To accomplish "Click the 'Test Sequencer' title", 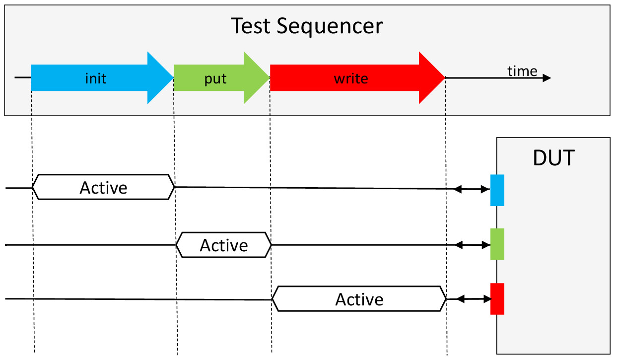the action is pos(307,26).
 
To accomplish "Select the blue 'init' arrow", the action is pos(102,77).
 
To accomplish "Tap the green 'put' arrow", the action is pos(222,77).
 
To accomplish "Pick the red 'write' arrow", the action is pos(357,77).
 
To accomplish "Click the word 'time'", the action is pos(522,71).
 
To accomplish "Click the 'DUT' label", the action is pos(553,158).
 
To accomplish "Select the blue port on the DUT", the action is pos(497,190).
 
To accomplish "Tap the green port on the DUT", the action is pos(497,244).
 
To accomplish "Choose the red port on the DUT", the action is pos(497,298).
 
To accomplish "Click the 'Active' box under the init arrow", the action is pos(103,187).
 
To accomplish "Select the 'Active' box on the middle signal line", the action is pos(224,245).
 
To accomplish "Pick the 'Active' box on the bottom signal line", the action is pos(359,299).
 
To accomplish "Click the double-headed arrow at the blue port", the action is pos(472,189).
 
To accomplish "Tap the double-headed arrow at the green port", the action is pos(473,245).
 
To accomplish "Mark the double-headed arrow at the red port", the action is pos(474,299).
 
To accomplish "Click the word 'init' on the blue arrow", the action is pos(96,78).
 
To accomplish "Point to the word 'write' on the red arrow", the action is pos(351,78).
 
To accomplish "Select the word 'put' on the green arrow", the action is pos(215,79).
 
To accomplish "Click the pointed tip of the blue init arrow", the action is pos(174,77).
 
